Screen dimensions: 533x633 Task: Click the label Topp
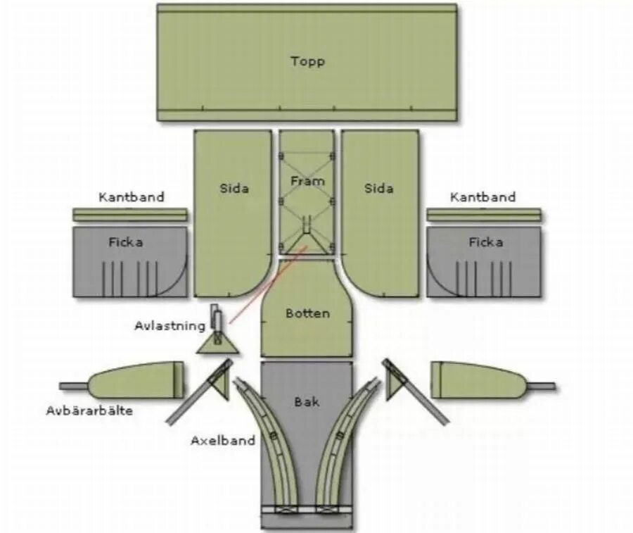[x=307, y=61]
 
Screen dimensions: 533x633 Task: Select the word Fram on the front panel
[x=307, y=182]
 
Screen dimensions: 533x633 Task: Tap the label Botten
[x=307, y=313]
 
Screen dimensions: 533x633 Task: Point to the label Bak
[x=307, y=401]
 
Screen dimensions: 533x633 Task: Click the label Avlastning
[x=170, y=326]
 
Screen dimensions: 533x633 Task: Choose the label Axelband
[x=223, y=441]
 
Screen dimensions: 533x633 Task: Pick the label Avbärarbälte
[x=89, y=410]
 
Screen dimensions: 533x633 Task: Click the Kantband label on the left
[x=132, y=197]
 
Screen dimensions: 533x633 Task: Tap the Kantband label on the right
[x=482, y=197]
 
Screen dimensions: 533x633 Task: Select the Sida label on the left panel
[x=234, y=189]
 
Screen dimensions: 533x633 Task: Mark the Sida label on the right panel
[x=379, y=189]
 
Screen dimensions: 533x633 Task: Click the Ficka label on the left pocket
[x=126, y=242]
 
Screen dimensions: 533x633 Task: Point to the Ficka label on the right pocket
[x=486, y=242]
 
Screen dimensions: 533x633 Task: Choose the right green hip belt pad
[x=478, y=380]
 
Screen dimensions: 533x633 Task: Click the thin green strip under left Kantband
[x=130, y=215]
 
